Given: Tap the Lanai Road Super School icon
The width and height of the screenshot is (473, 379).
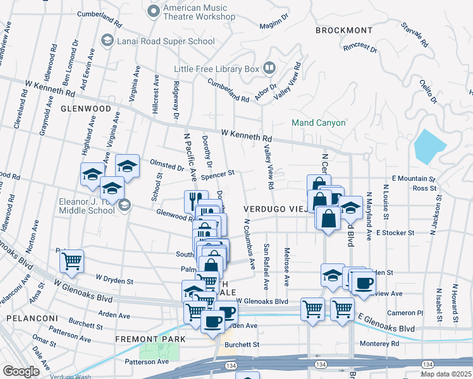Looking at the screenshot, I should pos(107,41).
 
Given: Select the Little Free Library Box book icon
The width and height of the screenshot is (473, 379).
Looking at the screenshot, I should pos(269,68).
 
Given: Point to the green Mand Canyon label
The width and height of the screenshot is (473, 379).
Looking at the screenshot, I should pos(318,123).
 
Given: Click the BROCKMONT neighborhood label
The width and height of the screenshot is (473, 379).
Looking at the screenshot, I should pos(345,30).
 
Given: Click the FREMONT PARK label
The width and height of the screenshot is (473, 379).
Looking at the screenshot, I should pos(150,339).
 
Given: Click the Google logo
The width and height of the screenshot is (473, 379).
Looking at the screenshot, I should pos(21,371).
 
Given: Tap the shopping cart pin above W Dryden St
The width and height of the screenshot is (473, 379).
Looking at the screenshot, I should pos(72,260).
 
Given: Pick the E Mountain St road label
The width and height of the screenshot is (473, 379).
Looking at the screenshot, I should pos(414,179).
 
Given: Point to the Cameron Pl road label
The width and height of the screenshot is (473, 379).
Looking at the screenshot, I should pos(405,313).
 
